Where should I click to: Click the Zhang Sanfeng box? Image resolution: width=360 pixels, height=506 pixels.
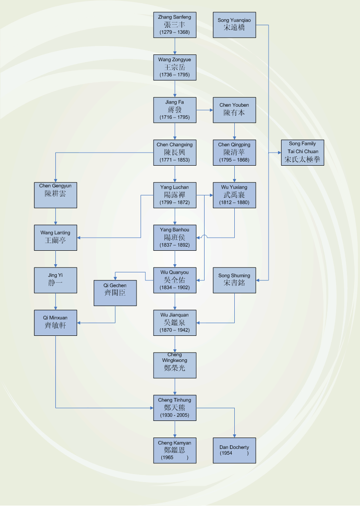tap(174, 25)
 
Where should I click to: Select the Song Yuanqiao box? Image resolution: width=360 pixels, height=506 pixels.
tap(234, 25)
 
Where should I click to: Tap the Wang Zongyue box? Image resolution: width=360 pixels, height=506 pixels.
tap(174, 68)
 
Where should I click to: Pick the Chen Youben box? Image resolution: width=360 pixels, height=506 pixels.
tap(234, 110)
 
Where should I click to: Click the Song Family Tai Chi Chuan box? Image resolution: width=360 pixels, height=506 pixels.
tap(302, 152)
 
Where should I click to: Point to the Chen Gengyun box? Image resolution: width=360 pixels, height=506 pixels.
tap(55, 195)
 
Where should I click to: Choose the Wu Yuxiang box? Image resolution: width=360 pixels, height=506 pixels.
tap(234, 195)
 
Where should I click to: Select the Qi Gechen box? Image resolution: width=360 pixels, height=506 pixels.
tap(115, 293)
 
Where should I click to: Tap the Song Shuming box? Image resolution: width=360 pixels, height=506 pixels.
tap(234, 280)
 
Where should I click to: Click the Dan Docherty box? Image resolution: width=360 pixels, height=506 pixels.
tap(234, 450)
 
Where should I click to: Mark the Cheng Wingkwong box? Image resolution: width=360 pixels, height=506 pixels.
tap(174, 365)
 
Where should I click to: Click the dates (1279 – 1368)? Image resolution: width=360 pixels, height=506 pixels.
tap(174, 32)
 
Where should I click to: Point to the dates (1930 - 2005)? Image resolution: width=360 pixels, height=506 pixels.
tap(174, 415)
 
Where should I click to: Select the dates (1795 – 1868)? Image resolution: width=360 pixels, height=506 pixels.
tap(234, 160)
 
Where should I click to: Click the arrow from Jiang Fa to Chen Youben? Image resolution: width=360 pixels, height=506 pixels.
tap(205, 110)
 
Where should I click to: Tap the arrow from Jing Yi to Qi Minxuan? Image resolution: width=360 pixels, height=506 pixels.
tap(55, 301)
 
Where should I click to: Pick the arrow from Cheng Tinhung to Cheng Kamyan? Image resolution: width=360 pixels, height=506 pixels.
tap(175, 429)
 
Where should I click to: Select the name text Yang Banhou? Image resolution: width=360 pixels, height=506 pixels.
tap(174, 230)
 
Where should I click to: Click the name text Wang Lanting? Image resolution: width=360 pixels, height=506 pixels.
tap(55, 233)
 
